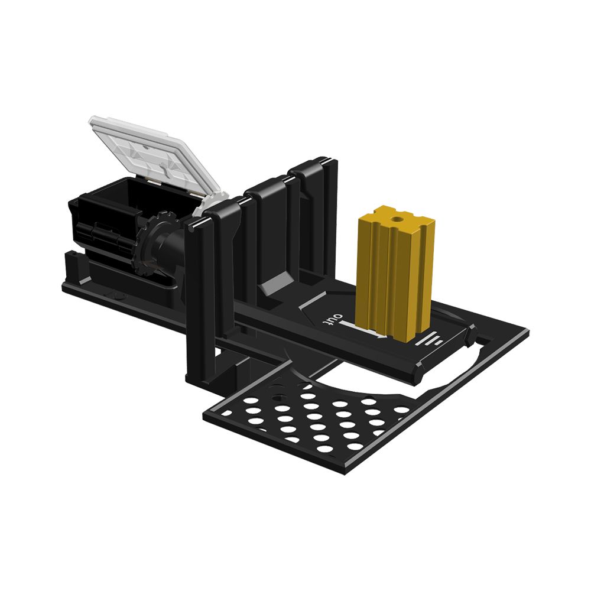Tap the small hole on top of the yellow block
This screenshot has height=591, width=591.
[395, 219]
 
